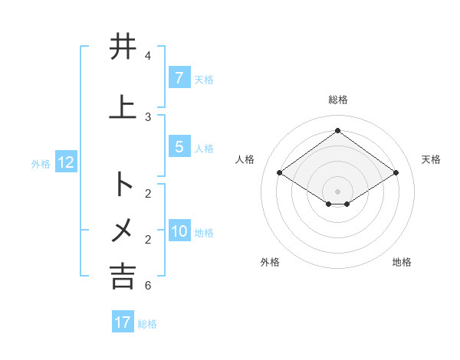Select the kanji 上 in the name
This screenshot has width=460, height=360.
tap(123, 107)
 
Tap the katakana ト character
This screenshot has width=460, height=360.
tap(123, 184)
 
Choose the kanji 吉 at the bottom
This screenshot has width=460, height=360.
tap(123, 276)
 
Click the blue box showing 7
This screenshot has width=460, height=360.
tap(179, 77)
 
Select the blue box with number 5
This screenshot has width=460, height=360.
tap(179, 146)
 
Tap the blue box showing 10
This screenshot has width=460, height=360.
tap(179, 231)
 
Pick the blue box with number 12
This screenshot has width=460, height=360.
tap(65, 162)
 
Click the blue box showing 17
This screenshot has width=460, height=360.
tap(123, 322)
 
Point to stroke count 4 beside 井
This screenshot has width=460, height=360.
tap(148, 56)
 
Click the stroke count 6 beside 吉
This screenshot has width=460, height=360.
tap(148, 286)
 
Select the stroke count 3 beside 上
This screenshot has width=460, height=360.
tap(148, 117)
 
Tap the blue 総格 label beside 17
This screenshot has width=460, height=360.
tap(147, 323)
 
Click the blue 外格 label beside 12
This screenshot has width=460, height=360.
tap(41, 163)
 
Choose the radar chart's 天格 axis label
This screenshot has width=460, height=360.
tap(431, 159)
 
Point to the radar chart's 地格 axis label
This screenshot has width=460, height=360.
tap(402, 262)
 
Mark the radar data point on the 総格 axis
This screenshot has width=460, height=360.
tap(337, 130)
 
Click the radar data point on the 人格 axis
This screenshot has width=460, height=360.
tap(280, 173)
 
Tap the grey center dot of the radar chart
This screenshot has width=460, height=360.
tap(337, 191)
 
